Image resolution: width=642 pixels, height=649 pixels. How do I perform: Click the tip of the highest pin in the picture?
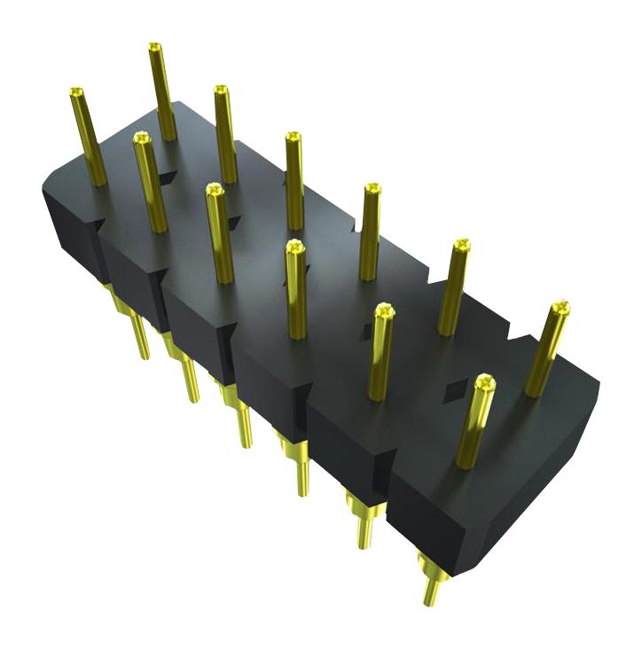tap(154, 47)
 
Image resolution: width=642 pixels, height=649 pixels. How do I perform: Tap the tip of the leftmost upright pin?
tap(76, 92)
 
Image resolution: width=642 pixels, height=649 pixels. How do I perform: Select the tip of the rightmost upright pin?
tap(560, 308)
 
